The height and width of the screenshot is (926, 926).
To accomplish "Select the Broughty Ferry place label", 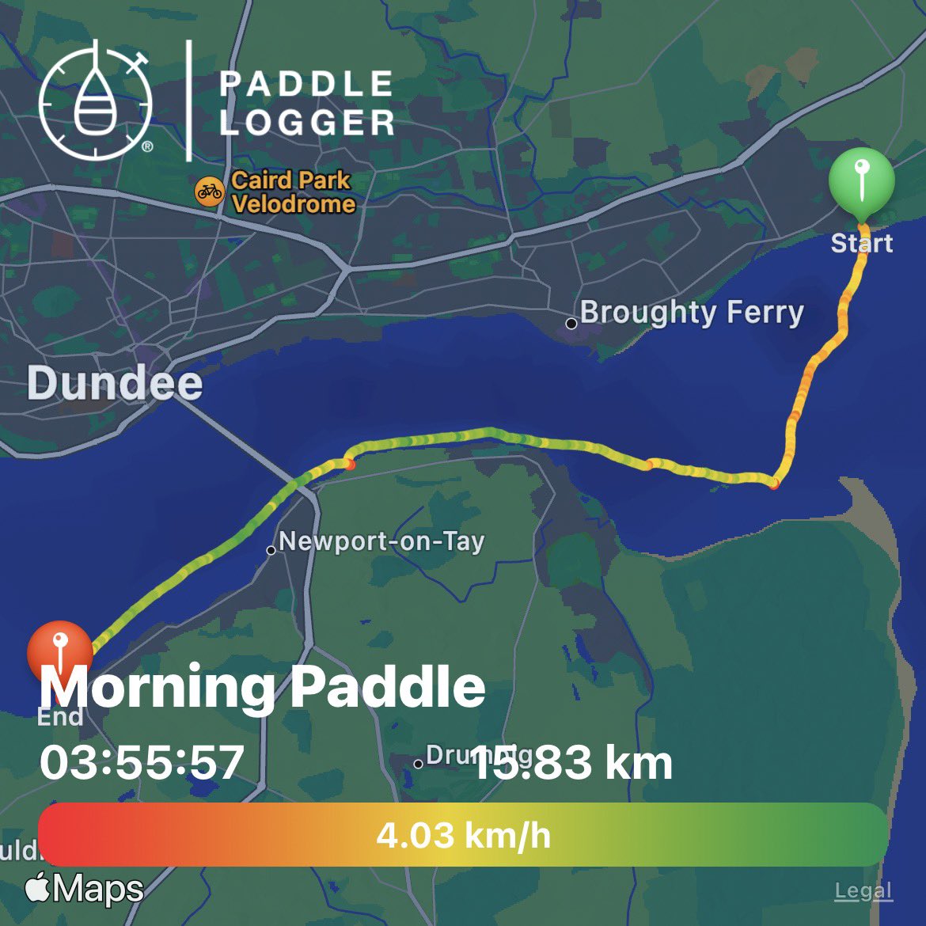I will click(x=691, y=313).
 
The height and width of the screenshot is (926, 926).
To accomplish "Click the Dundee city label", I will click(x=115, y=383).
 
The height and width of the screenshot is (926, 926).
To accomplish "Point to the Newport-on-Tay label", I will click(x=381, y=542).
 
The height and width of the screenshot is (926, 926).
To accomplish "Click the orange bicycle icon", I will click(x=210, y=192).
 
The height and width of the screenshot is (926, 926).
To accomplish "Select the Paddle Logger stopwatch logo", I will click(x=95, y=100).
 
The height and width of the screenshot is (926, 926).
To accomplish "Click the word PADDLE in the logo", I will click(x=306, y=84).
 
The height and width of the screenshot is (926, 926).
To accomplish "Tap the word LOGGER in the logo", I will click(x=307, y=123).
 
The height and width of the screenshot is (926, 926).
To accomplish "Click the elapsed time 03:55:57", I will click(x=142, y=762).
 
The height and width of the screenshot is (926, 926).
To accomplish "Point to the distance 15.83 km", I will click(x=571, y=762).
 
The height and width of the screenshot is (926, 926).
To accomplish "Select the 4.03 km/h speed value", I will click(x=463, y=835).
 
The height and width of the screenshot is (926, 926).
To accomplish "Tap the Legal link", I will click(x=863, y=891).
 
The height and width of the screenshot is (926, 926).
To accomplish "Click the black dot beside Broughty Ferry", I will click(x=571, y=323).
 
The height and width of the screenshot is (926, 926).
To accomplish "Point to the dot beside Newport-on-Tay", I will click(x=271, y=550).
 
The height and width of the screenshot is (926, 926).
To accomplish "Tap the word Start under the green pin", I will click(x=861, y=242).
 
